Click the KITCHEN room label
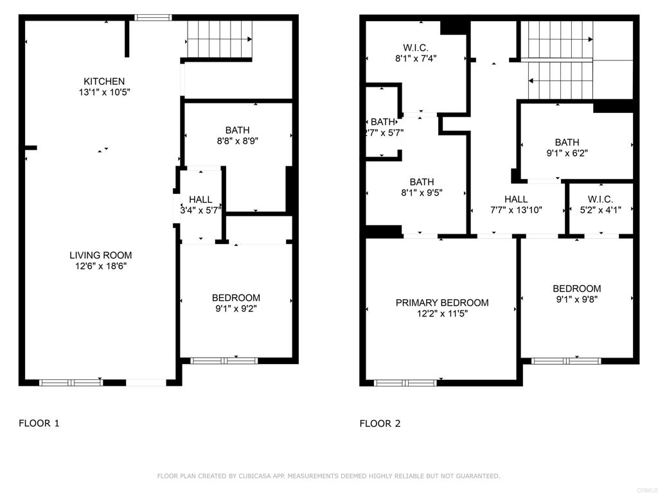[104, 82]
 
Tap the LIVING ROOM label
[101, 255]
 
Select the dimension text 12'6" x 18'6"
[101, 266]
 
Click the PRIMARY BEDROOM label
[442, 303]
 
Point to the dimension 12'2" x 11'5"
[442, 313]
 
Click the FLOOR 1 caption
[39, 424]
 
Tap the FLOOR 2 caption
[380, 424]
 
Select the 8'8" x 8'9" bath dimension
[237, 141]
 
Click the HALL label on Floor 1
[200, 200]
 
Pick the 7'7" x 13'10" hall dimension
[516, 210]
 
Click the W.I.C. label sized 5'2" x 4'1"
[601, 200]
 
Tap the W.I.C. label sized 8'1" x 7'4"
[416, 48]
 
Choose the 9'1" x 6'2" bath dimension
[567, 153]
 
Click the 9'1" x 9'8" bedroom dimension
[576, 299]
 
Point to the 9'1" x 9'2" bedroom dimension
[236, 309]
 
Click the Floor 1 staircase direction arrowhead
[250, 39]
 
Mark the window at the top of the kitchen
[153, 17]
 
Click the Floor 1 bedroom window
[224, 361]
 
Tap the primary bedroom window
[405, 383]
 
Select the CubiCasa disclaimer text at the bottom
[328, 476]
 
